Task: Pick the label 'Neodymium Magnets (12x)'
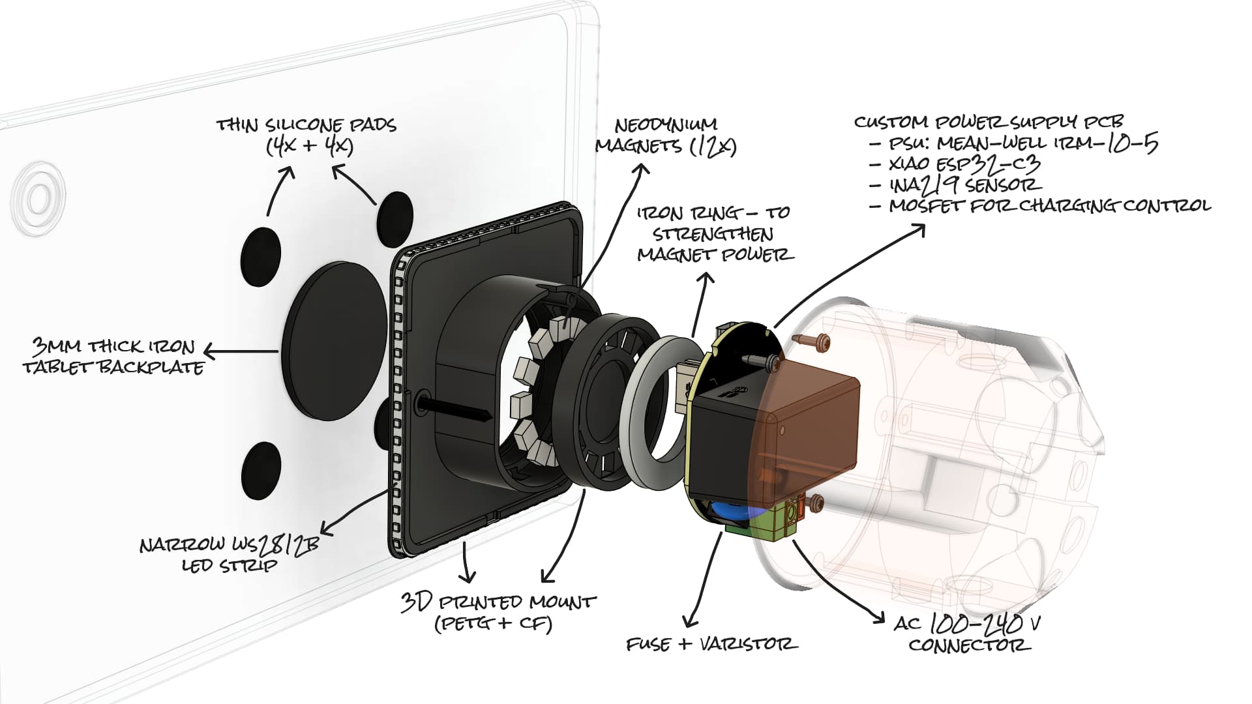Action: coord(666,135)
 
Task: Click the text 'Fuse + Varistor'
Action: coord(711,644)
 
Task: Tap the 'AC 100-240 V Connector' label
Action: coord(968,634)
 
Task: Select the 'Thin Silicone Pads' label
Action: coord(306,135)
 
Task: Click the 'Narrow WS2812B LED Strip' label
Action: coord(229,553)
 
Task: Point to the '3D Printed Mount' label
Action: coord(498,611)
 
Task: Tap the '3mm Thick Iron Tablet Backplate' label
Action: coord(114,357)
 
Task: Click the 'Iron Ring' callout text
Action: coord(714,233)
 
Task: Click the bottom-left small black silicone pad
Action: coord(261,471)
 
